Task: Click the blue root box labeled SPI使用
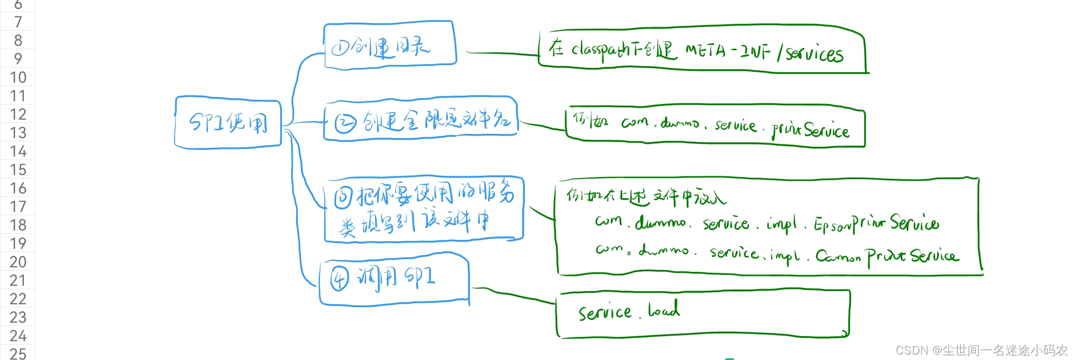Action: click(228, 123)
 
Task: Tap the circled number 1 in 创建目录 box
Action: click(340, 48)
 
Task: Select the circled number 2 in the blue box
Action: click(345, 123)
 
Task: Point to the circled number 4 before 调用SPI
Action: click(339, 279)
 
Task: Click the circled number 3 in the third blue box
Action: click(343, 198)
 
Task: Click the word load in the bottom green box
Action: click(664, 310)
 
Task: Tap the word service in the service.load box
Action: click(605, 312)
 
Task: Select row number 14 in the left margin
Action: click(18, 151)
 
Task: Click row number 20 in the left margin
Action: click(18, 262)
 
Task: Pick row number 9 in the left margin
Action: click(18, 59)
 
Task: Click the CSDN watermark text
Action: click(981, 350)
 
